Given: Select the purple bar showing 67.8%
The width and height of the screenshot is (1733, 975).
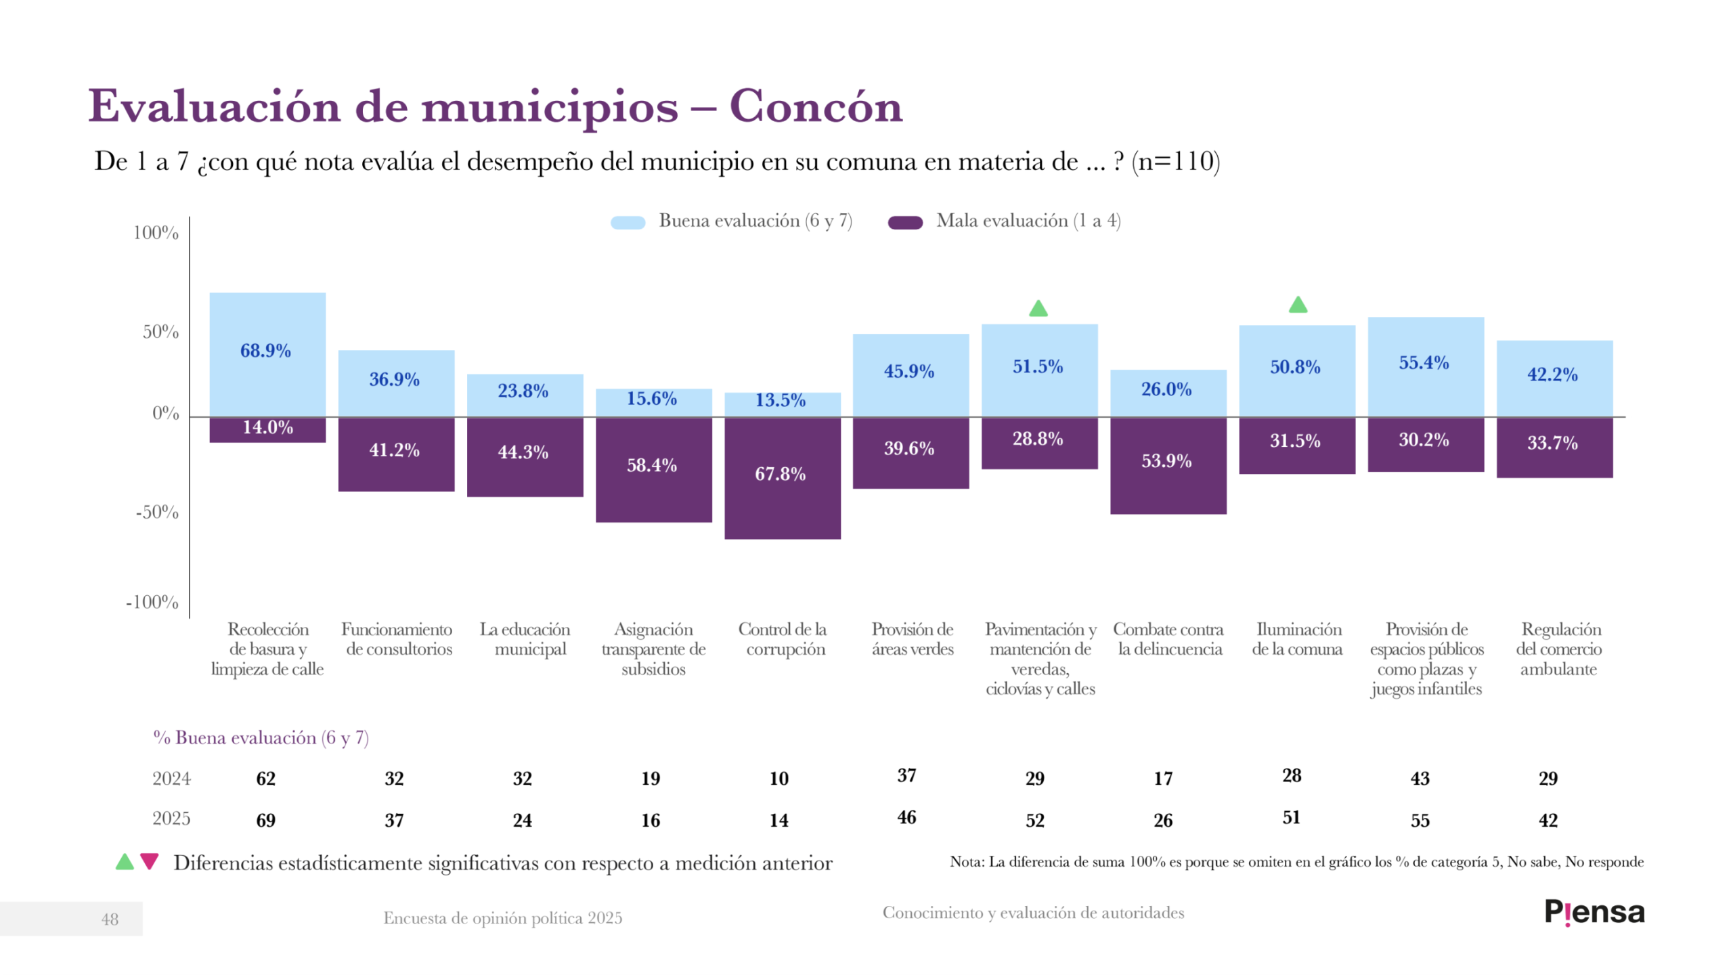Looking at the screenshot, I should tap(782, 478).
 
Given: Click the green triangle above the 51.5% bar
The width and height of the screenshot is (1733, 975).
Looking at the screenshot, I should tap(1038, 309).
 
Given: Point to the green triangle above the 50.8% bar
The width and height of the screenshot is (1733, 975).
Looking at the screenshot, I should tap(1298, 305).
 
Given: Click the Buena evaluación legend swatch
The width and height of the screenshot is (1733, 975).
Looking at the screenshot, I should tap(628, 223).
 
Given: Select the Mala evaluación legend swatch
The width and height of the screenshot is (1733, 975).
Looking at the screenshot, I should tap(905, 223).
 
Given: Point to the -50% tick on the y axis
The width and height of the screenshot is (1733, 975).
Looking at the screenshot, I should tap(157, 513).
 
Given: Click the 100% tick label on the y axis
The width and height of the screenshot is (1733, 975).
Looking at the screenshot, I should tap(156, 233).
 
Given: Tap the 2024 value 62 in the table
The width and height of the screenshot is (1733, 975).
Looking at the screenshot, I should tap(265, 779).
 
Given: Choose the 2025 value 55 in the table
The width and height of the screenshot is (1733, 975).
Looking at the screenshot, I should tap(1420, 821).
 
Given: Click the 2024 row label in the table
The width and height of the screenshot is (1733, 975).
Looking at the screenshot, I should tap(171, 779).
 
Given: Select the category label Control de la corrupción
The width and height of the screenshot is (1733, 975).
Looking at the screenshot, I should tap(783, 639).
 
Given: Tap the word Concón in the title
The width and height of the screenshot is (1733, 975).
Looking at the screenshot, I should tap(816, 107).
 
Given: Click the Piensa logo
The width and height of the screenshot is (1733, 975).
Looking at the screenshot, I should tap(1594, 912).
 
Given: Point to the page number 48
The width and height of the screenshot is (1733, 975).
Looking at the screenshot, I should tap(110, 919).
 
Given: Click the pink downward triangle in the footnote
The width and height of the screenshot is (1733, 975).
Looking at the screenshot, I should tap(149, 861).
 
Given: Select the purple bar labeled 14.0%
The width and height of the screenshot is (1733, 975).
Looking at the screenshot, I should tap(267, 429).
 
